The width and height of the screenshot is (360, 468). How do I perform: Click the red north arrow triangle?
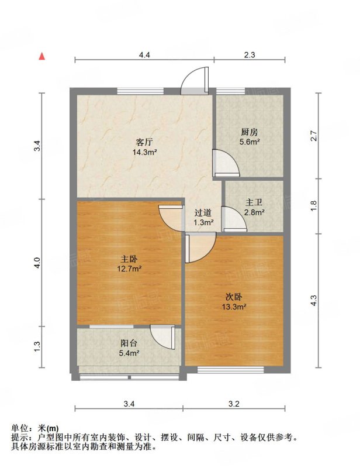(x=42, y=56)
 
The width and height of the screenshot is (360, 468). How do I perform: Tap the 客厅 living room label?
(x=145, y=142)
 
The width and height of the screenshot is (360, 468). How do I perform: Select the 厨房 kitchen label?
(x=250, y=132)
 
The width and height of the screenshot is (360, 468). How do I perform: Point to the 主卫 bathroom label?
(x=254, y=202)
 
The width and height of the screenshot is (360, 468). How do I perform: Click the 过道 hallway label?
(x=203, y=213)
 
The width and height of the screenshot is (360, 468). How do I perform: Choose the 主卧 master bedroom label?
(x=129, y=259)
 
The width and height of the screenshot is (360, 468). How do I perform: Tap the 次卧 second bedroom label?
(x=234, y=297)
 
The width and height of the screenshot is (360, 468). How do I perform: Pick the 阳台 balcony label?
(x=129, y=343)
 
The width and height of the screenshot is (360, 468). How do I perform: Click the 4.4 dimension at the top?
(x=144, y=55)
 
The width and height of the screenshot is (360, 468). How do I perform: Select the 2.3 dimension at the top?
(x=250, y=55)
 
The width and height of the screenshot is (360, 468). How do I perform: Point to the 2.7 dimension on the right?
(x=313, y=136)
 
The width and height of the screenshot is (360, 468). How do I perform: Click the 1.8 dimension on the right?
(x=313, y=207)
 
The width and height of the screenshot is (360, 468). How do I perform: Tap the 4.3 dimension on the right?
(x=313, y=300)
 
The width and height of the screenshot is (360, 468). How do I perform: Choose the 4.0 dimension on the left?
(x=37, y=263)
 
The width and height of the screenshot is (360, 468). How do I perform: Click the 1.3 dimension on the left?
(x=37, y=346)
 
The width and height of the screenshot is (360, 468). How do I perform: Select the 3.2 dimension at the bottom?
(x=234, y=404)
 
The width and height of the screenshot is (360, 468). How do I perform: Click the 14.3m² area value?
(x=145, y=152)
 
